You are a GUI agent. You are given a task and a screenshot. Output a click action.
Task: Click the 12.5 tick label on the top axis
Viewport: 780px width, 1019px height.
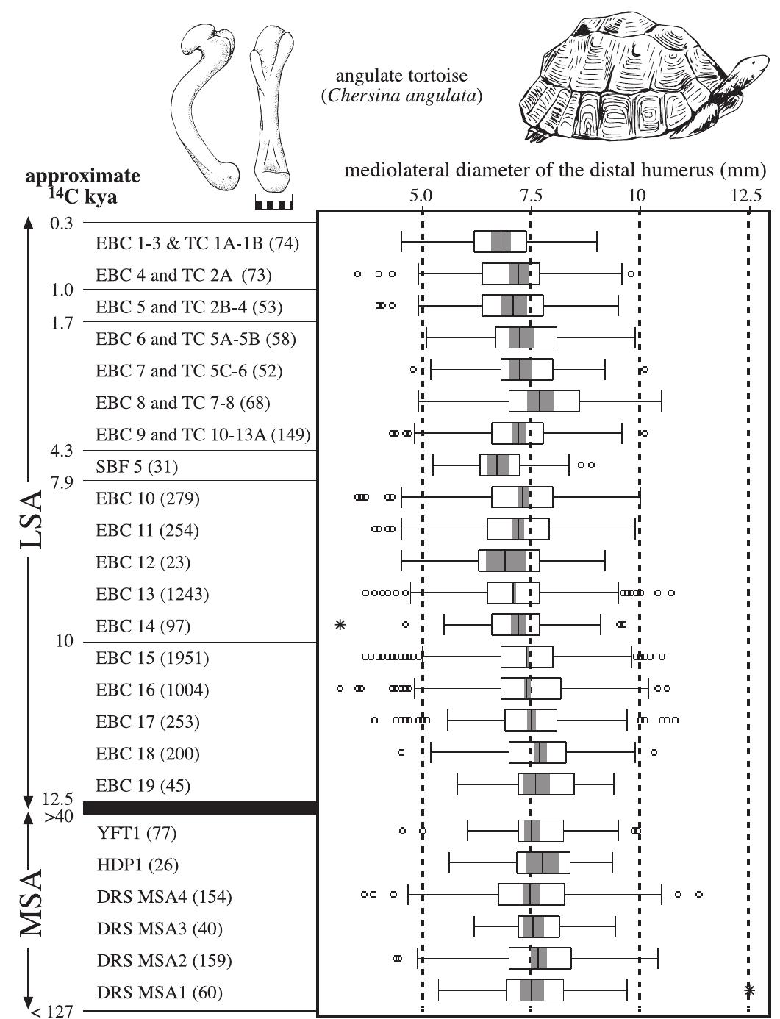point(746,196)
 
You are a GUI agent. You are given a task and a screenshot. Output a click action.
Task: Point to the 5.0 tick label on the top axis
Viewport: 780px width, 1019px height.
point(422,196)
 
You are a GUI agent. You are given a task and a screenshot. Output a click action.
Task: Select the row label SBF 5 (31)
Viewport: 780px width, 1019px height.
point(137,467)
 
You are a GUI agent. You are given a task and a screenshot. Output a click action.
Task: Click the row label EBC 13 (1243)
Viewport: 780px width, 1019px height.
point(152,594)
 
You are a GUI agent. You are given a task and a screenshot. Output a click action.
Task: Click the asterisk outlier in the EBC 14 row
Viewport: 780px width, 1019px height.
point(340,625)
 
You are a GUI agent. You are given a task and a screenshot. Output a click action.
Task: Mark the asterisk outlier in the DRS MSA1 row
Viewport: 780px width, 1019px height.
point(749,990)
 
